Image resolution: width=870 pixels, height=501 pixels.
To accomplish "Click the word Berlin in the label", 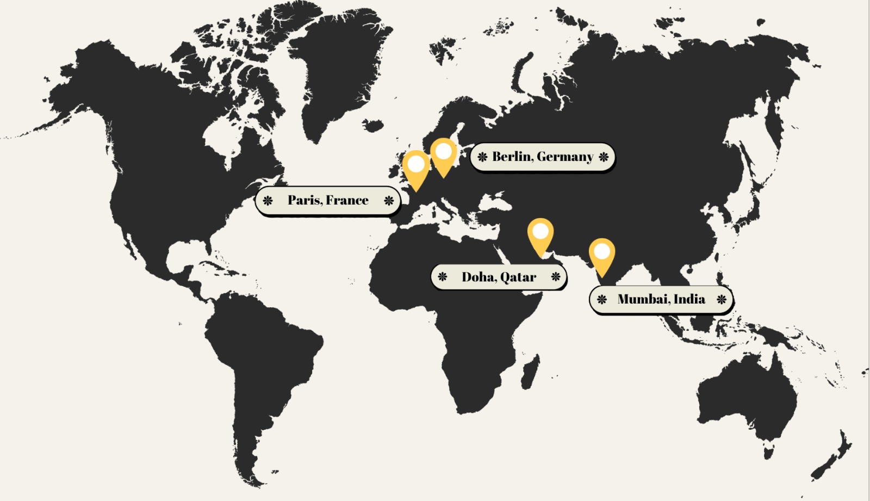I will [512, 157].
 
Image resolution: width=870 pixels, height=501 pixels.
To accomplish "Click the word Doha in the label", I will [478, 277].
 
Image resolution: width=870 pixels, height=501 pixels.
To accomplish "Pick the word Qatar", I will [518, 277].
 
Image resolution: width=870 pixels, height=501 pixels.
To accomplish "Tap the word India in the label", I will [689, 299].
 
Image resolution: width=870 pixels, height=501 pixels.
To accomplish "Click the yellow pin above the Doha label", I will [540, 234].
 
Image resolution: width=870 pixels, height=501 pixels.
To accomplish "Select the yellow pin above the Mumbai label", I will [602, 253].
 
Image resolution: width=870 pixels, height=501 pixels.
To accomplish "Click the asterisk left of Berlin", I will [482, 157].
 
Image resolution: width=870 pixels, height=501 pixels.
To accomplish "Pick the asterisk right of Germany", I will [604, 157].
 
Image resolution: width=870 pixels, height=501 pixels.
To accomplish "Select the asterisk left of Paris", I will [268, 201].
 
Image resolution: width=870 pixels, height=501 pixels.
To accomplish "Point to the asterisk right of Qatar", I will [555, 277].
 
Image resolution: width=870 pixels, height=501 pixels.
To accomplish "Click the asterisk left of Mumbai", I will [601, 300].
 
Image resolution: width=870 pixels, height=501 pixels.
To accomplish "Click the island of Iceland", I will [373, 126].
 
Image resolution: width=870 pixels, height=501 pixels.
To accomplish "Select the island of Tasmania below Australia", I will [768, 451].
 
